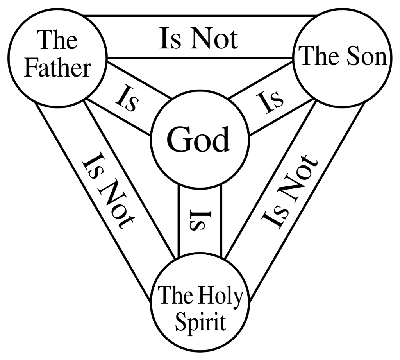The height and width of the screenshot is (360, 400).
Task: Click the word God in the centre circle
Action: (x=198, y=140)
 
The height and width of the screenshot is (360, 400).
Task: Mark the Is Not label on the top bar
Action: (x=198, y=39)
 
